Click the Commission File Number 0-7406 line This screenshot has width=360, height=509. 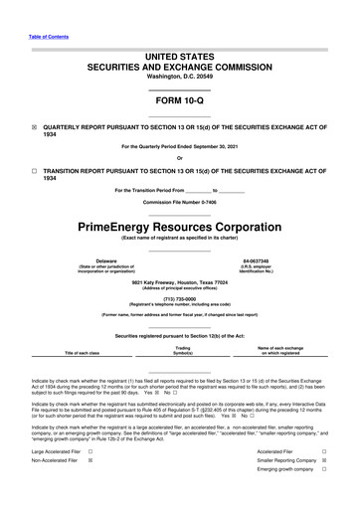pos(180,202)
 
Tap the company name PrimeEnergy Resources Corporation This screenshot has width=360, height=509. pos(180,228)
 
